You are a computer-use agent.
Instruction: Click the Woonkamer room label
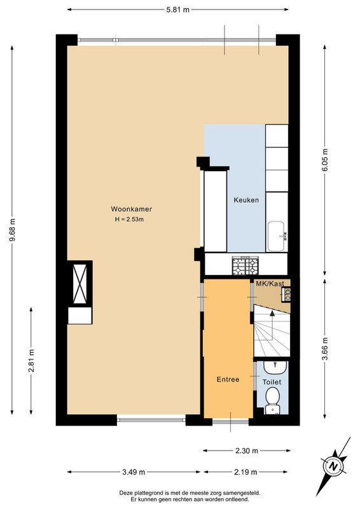pyautogui.click(x=131, y=209)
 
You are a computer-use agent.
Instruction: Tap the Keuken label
pyautogui.click(x=246, y=200)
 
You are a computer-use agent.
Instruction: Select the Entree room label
pyautogui.click(x=228, y=379)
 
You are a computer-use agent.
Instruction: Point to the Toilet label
pyautogui.click(x=272, y=382)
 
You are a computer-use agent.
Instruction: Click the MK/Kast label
pyautogui.click(x=270, y=283)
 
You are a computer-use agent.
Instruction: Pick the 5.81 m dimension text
pyautogui.click(x=177, y=10)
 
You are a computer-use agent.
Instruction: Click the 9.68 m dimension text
pyautogui.click(x=12, y=230)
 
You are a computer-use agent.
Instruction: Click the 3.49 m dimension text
pyautogui.click(x=134, y=472)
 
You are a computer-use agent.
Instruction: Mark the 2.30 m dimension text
pyautogui.click(x=246, y=450)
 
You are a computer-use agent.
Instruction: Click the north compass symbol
pyautogui.click(x=333, y=467)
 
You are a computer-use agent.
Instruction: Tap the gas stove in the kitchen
pyautogui.click(x=246, y=265)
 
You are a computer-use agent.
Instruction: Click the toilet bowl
pyautogui.click(x=273, y=397)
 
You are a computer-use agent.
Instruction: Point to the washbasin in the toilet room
pyautogui.click(x=275, y=367)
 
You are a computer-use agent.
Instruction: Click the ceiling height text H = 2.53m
pyautogui.click(x=129, y=220)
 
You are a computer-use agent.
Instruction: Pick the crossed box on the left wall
pyautogui.click(x=80, y=284)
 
